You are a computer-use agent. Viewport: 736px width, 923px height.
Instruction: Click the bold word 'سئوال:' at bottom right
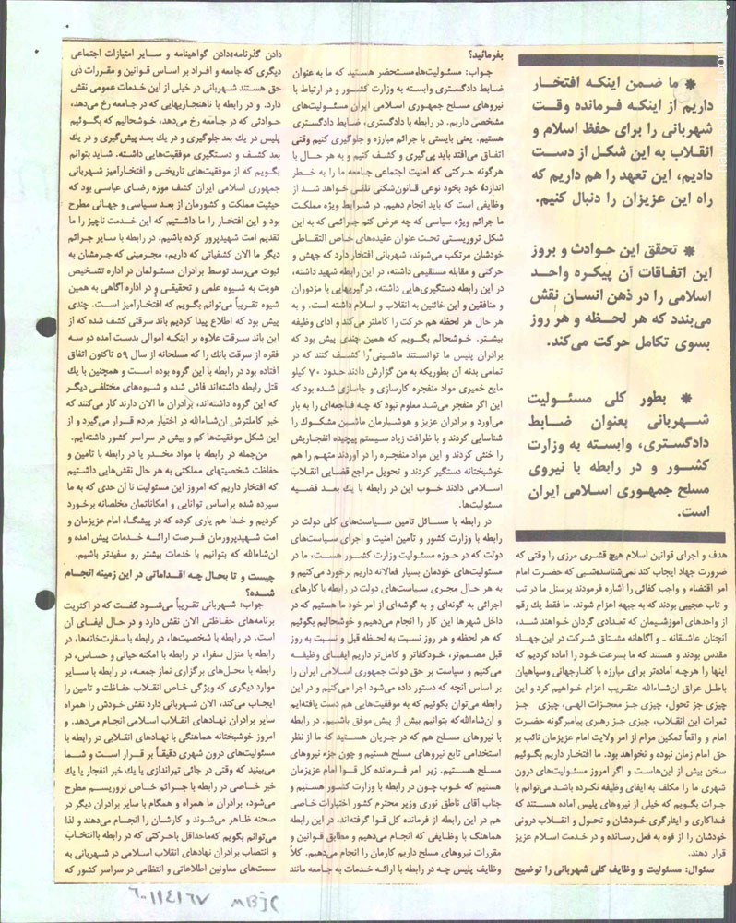click(706, 844)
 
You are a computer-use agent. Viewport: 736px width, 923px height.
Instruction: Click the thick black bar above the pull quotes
click(618, 62)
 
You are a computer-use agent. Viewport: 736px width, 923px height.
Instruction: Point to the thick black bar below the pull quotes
click(618, 534)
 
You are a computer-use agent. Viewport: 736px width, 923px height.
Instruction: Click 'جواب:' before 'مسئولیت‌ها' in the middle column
click(483, 70)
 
